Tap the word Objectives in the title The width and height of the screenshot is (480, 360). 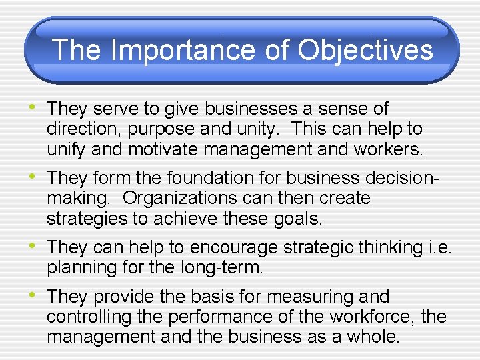pos(365,50)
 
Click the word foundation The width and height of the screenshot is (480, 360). pos(201,179)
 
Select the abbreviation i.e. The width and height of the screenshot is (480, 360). pos(440,248)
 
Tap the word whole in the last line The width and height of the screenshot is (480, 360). pos(375,337)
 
